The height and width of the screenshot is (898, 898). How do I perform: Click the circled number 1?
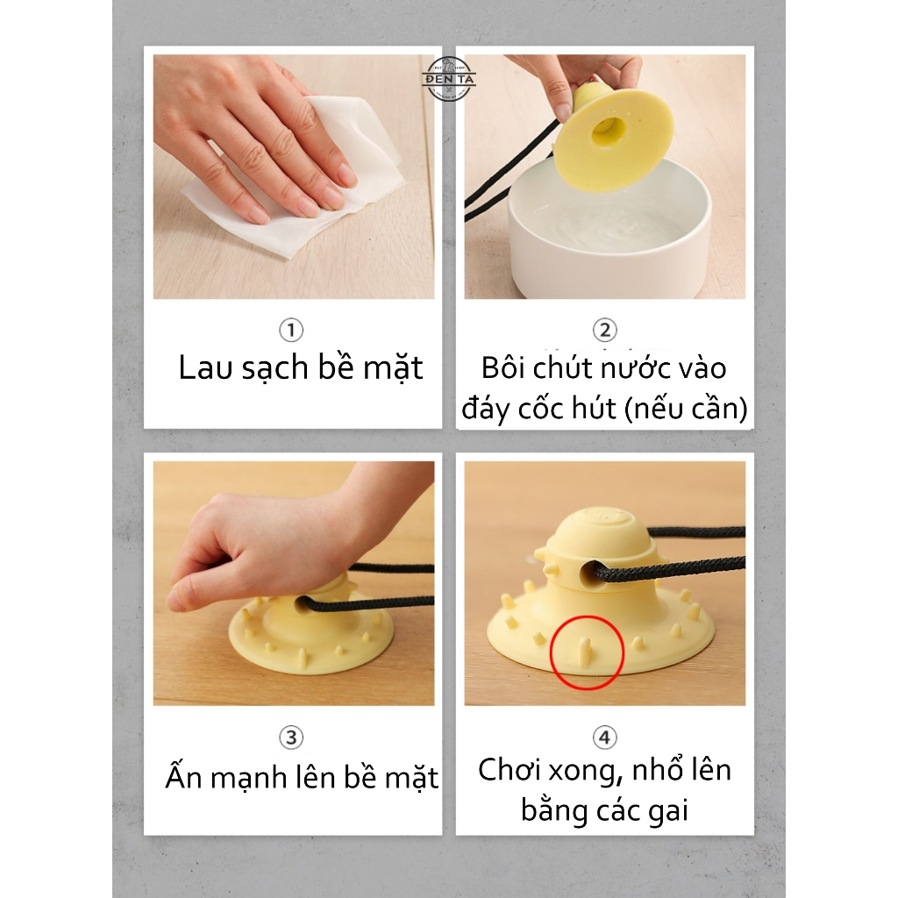(291, 330)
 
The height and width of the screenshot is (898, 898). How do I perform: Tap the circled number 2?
(605, 330)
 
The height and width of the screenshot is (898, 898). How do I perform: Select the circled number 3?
(291, 738)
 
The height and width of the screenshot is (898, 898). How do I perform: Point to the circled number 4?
(605, 738)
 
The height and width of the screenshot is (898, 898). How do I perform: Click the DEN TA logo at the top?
(448, 79)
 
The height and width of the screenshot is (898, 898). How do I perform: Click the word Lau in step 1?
(206, 367)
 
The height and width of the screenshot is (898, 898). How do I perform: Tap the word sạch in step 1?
(274, 368)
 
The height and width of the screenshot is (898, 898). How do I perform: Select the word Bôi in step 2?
(502, 367)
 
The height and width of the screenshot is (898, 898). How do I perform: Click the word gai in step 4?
(668, 812)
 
